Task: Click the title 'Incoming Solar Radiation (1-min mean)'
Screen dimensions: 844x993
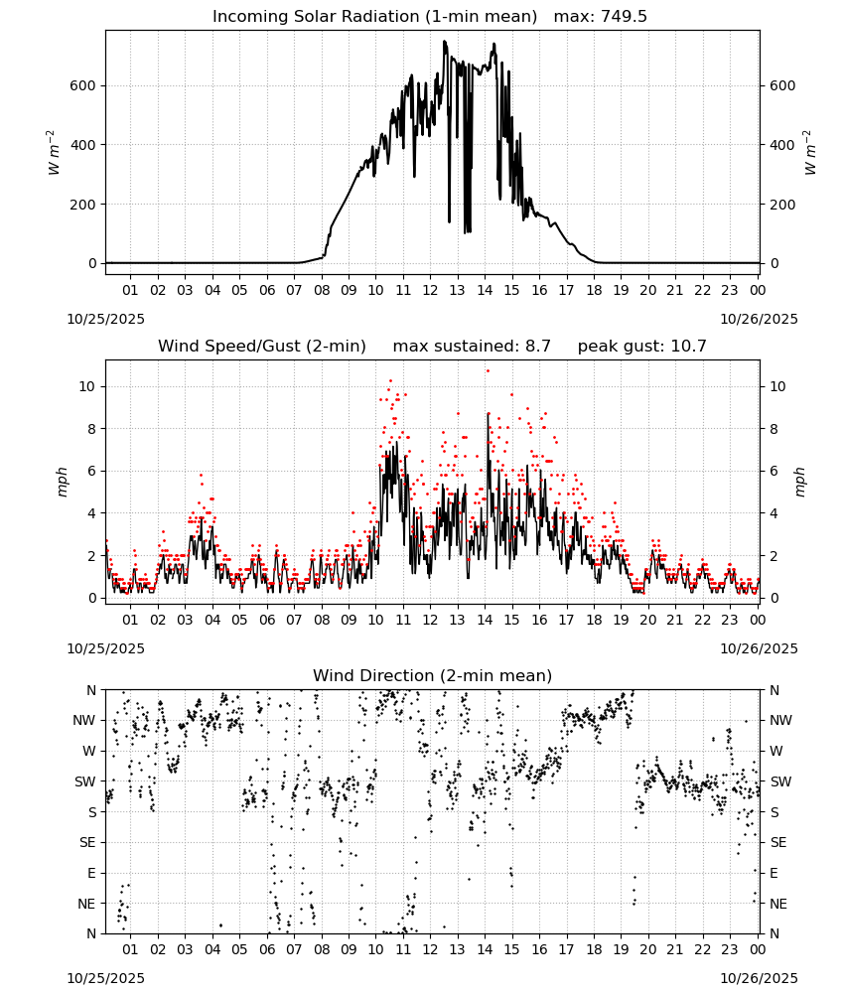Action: coord(374,17)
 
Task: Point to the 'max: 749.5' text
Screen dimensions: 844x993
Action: coord(601,17)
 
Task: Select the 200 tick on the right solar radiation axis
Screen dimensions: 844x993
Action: coord(782,205)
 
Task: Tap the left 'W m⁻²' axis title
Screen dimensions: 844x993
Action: coord(54,153)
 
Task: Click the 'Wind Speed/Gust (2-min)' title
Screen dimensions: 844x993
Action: coord(262,347)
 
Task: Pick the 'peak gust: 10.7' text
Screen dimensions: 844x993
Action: coord(642,347)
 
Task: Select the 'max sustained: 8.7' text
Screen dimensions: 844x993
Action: coord(472,347)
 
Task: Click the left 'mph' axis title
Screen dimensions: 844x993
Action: coord(62,482)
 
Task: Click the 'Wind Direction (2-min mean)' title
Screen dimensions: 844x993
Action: coord(433,675)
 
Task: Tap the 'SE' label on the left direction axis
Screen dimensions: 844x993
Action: coord(87,842)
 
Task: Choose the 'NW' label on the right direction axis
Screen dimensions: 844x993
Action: coord(780,720)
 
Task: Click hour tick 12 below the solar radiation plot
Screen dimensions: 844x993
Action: coord(430,290)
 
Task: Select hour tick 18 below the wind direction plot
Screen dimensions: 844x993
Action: coord(594,949)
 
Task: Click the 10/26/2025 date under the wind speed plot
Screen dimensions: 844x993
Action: coord(759,648)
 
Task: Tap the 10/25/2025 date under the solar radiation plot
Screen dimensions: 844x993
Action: coord(106,319)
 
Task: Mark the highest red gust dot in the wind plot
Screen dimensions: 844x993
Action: coord(488,371)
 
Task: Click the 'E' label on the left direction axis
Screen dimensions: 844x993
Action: coord(91,873)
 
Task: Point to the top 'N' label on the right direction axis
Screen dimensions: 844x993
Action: coord(774,690)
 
